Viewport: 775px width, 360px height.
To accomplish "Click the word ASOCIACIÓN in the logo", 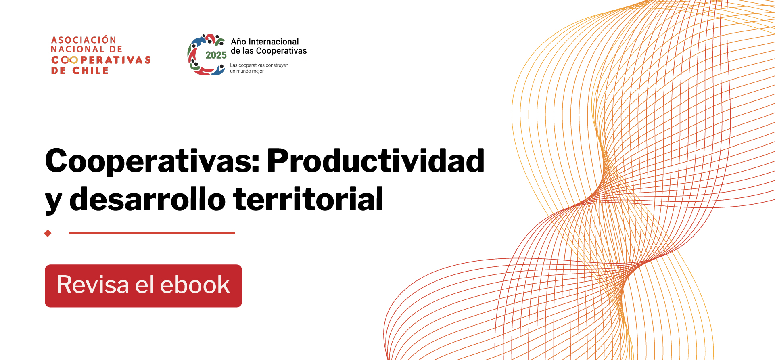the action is click(84, 40).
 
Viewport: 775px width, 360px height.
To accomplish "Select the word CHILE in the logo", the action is click(91, 71).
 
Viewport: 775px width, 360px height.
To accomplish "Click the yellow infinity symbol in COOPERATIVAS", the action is click(72, 60).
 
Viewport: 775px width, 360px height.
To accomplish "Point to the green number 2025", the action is click(216, 55).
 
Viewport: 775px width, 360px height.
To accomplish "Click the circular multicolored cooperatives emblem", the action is click(207, 55).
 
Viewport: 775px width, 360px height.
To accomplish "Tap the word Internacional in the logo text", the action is click(274, 42).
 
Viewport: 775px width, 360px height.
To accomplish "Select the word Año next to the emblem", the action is click(238, 42).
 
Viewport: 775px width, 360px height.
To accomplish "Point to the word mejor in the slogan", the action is click(258, 71).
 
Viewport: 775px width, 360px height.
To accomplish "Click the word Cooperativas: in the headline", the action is click(152, 161).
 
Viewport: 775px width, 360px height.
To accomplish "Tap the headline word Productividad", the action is click(376, 161).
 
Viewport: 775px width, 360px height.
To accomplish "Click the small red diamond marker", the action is click(48, 233).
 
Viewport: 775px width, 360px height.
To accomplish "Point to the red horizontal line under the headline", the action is click(152, 233).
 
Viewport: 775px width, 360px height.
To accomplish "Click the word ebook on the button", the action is click(195, 285).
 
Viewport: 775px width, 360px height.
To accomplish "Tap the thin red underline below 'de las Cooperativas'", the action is click(268, 59).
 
